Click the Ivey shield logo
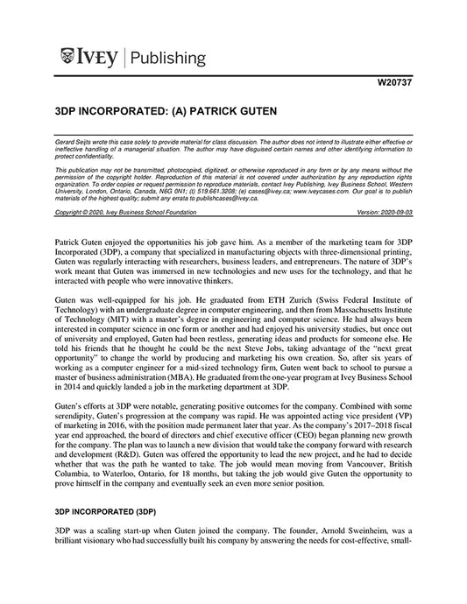[x=69, y=59]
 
